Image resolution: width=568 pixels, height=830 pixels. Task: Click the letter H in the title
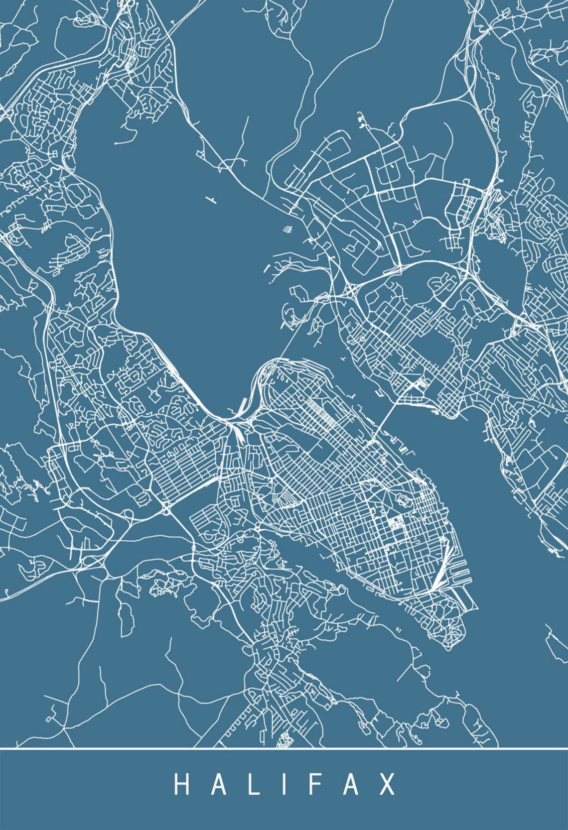click(x=181, y=785)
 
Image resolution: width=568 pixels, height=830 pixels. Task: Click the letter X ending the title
click(x=387, y=785)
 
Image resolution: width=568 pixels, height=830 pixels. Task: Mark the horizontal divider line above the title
click(x=284, y=748)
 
